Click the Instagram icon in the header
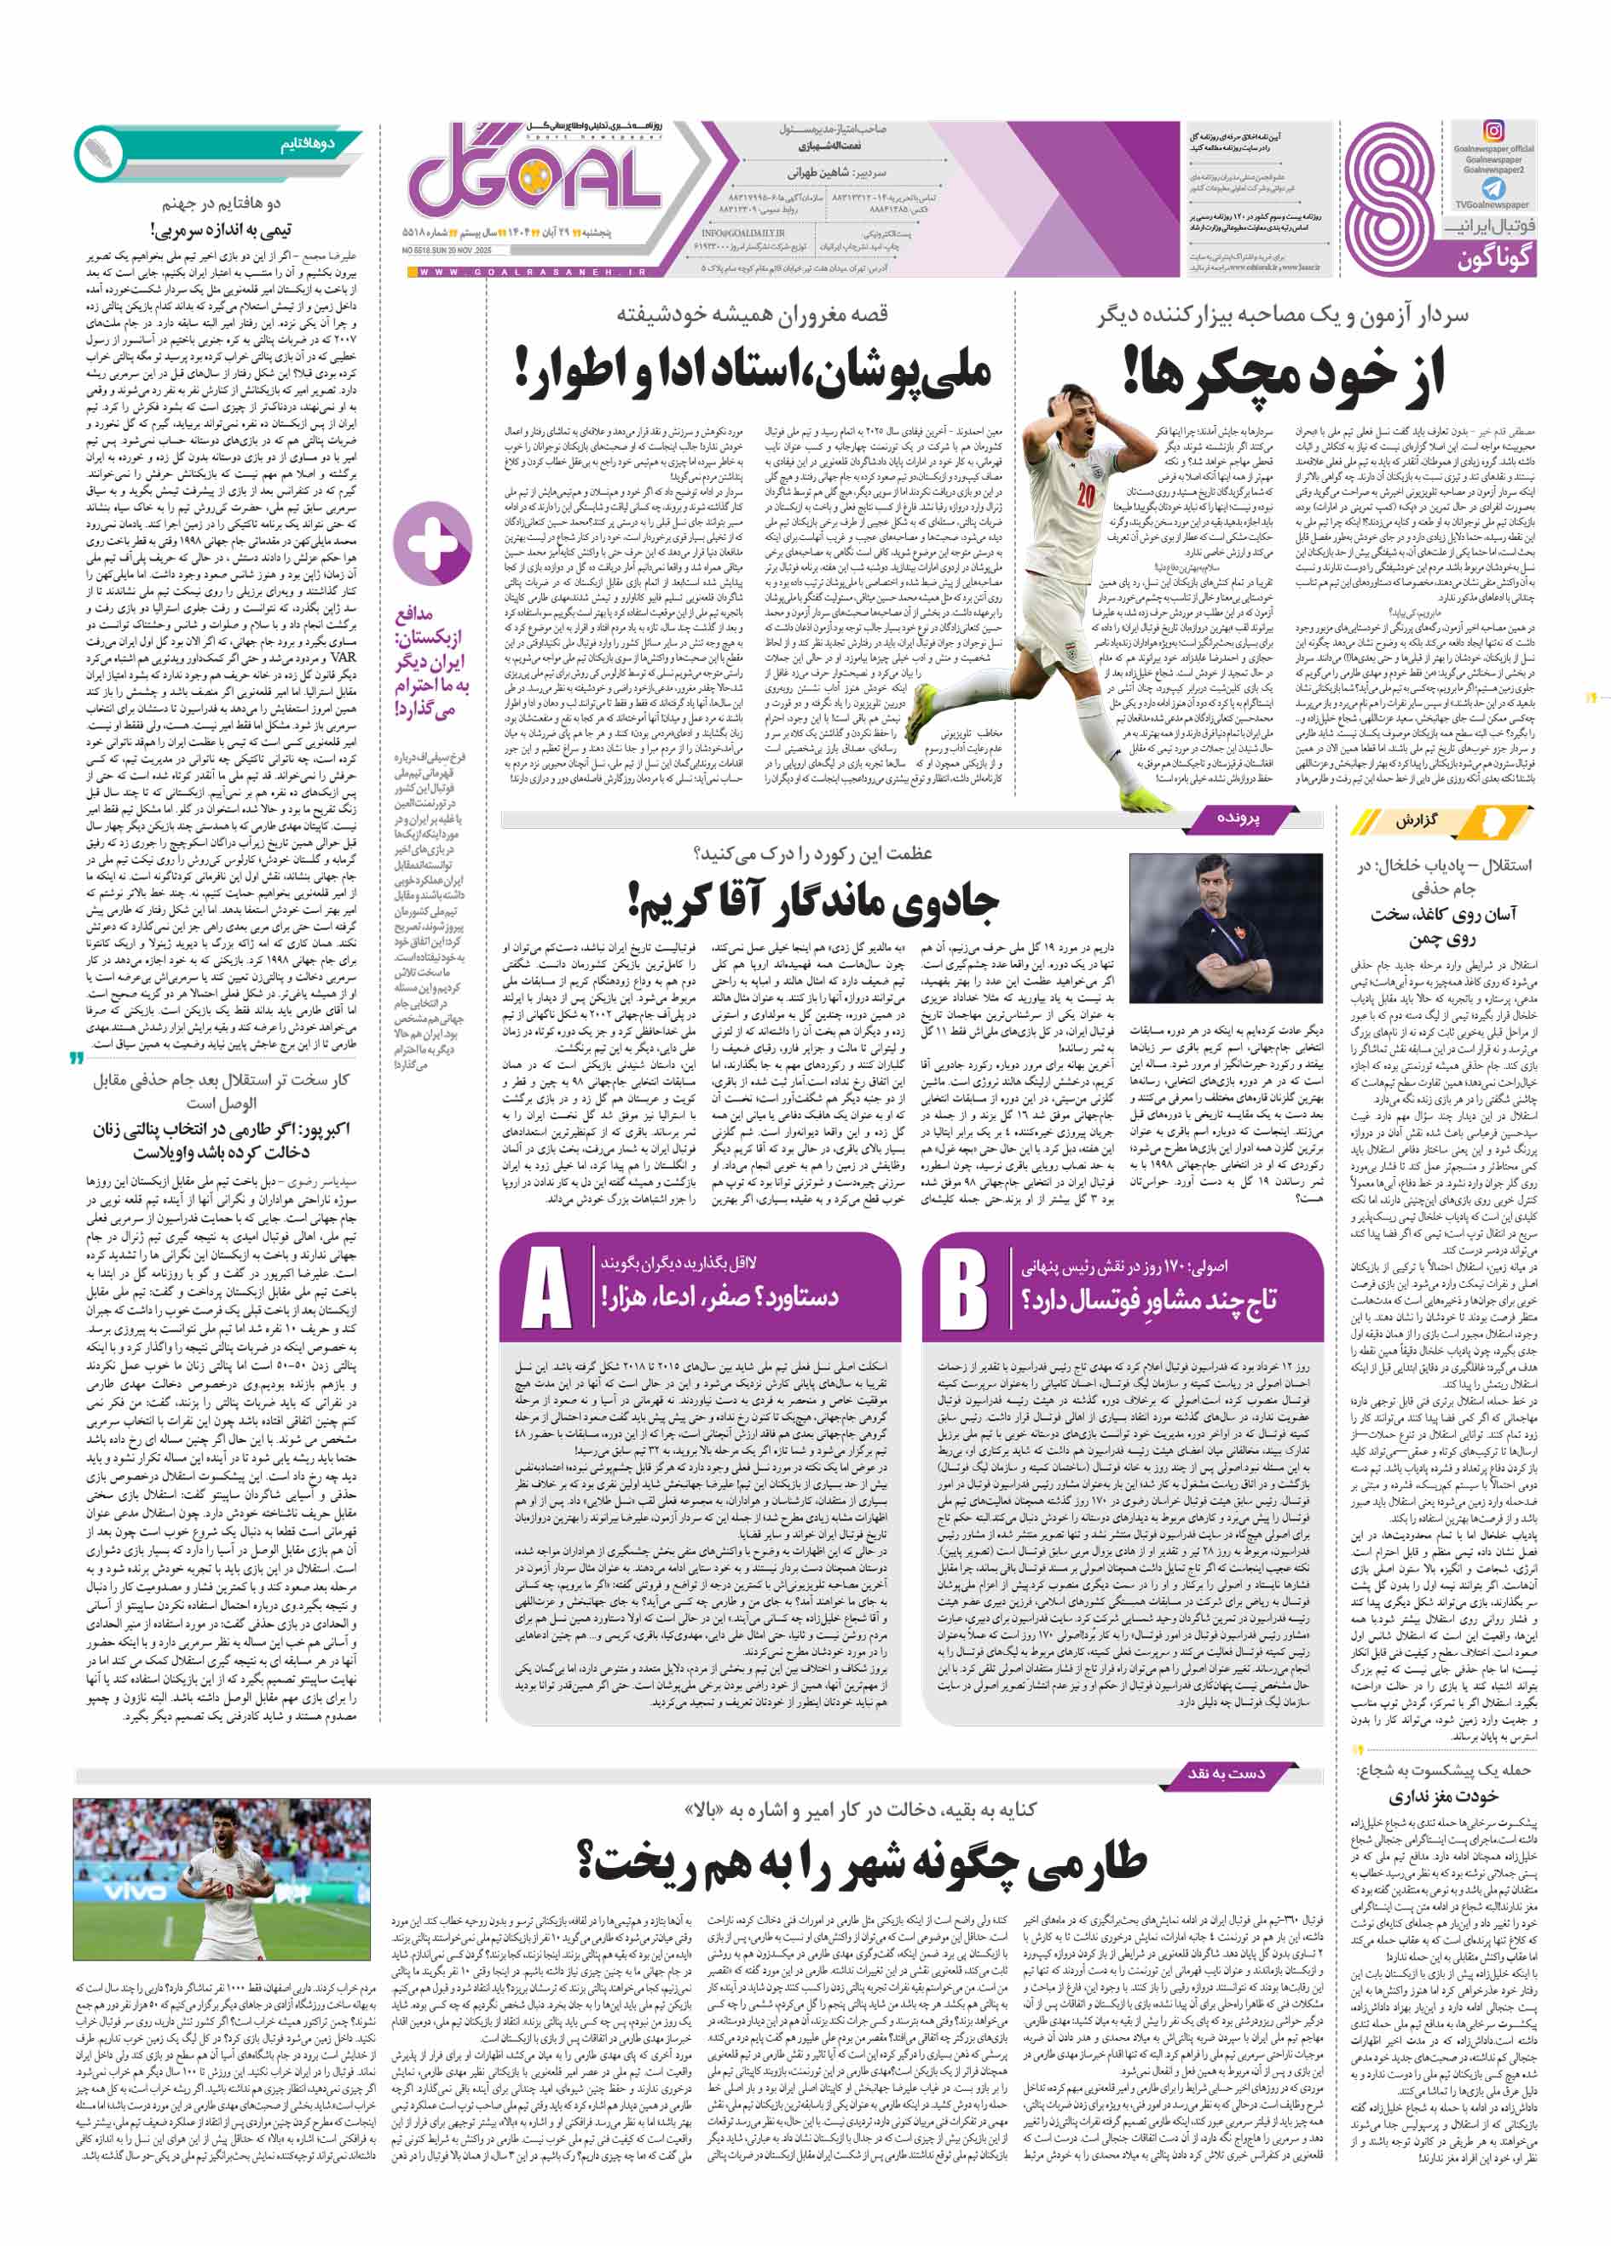(x=1493, y=130)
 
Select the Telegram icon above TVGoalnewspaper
(x=1493, y=187)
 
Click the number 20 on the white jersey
(x=1086, y=494)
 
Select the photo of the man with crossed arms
(x=1226, y=929)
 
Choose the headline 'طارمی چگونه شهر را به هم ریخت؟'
(x=862, y=1862)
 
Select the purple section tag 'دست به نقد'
(x=1227, y=1772)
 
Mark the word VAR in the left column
(x=345, y=657)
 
